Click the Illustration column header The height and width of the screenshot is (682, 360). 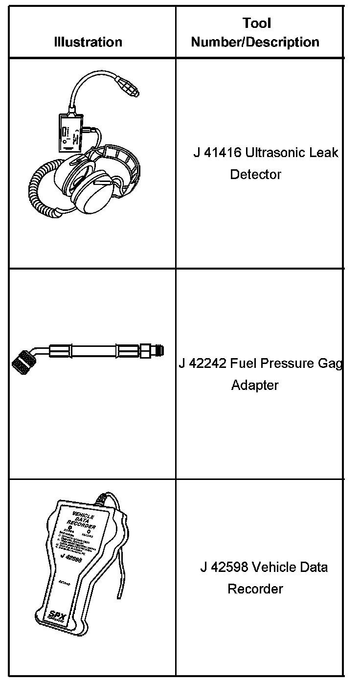pyautogui.click(x=88, y=42)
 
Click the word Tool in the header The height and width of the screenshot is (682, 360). pyautogui.click(x=256, y=23)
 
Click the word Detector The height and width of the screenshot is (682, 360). pyautogui.click(x=256, y=174)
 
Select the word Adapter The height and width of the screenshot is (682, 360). pyautogui.click(x=255, y=385)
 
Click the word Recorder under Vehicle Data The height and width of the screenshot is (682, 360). pyautogui.click(x=255, y=589)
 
